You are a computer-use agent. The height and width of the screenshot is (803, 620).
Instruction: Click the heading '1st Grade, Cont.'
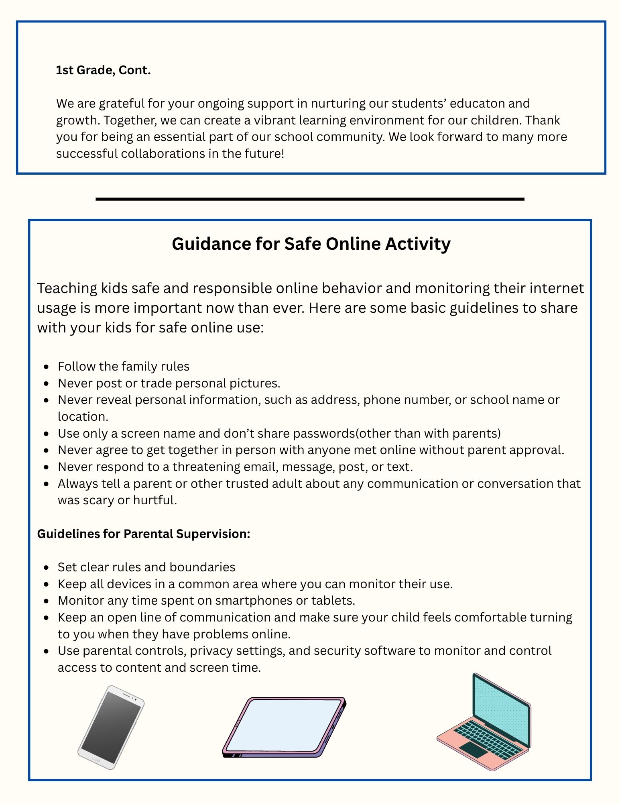point(103,70)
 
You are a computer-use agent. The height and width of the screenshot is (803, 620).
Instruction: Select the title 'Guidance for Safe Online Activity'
point(311,244)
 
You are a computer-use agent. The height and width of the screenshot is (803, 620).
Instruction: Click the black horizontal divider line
point(310,199)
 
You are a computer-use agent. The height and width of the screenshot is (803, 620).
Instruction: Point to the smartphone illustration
point(111,727)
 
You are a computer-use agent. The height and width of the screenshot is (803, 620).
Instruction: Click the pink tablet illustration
point(284,727)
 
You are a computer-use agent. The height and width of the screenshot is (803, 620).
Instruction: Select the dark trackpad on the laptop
point(474,749)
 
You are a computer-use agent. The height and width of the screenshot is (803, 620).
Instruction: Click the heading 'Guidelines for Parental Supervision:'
point(144,534)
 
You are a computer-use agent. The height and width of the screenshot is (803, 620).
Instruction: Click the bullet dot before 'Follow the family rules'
point(47,367)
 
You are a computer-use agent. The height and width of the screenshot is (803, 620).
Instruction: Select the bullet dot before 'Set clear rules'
point(47,568)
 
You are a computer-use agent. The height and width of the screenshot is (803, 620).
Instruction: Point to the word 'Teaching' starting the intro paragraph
point(67,288)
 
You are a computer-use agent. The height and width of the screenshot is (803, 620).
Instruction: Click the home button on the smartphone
point(96,759)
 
